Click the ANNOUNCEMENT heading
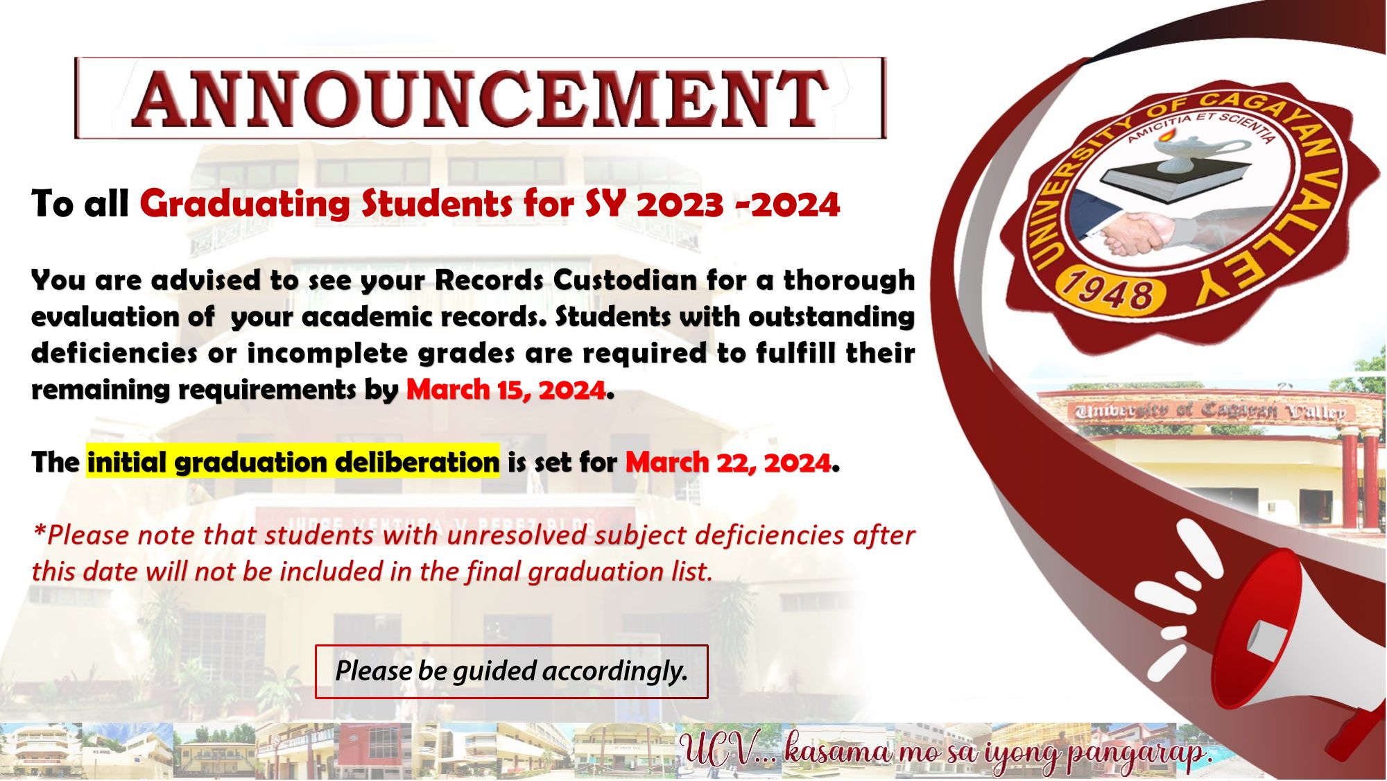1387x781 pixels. pos(480,98)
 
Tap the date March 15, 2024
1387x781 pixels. pos(506,390)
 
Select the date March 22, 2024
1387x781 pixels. pos(728,463)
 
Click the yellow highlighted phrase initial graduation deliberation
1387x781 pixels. pos(293,462)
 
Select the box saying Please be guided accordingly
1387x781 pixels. pos(512,671)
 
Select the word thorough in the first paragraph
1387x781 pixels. pos(849,281)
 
